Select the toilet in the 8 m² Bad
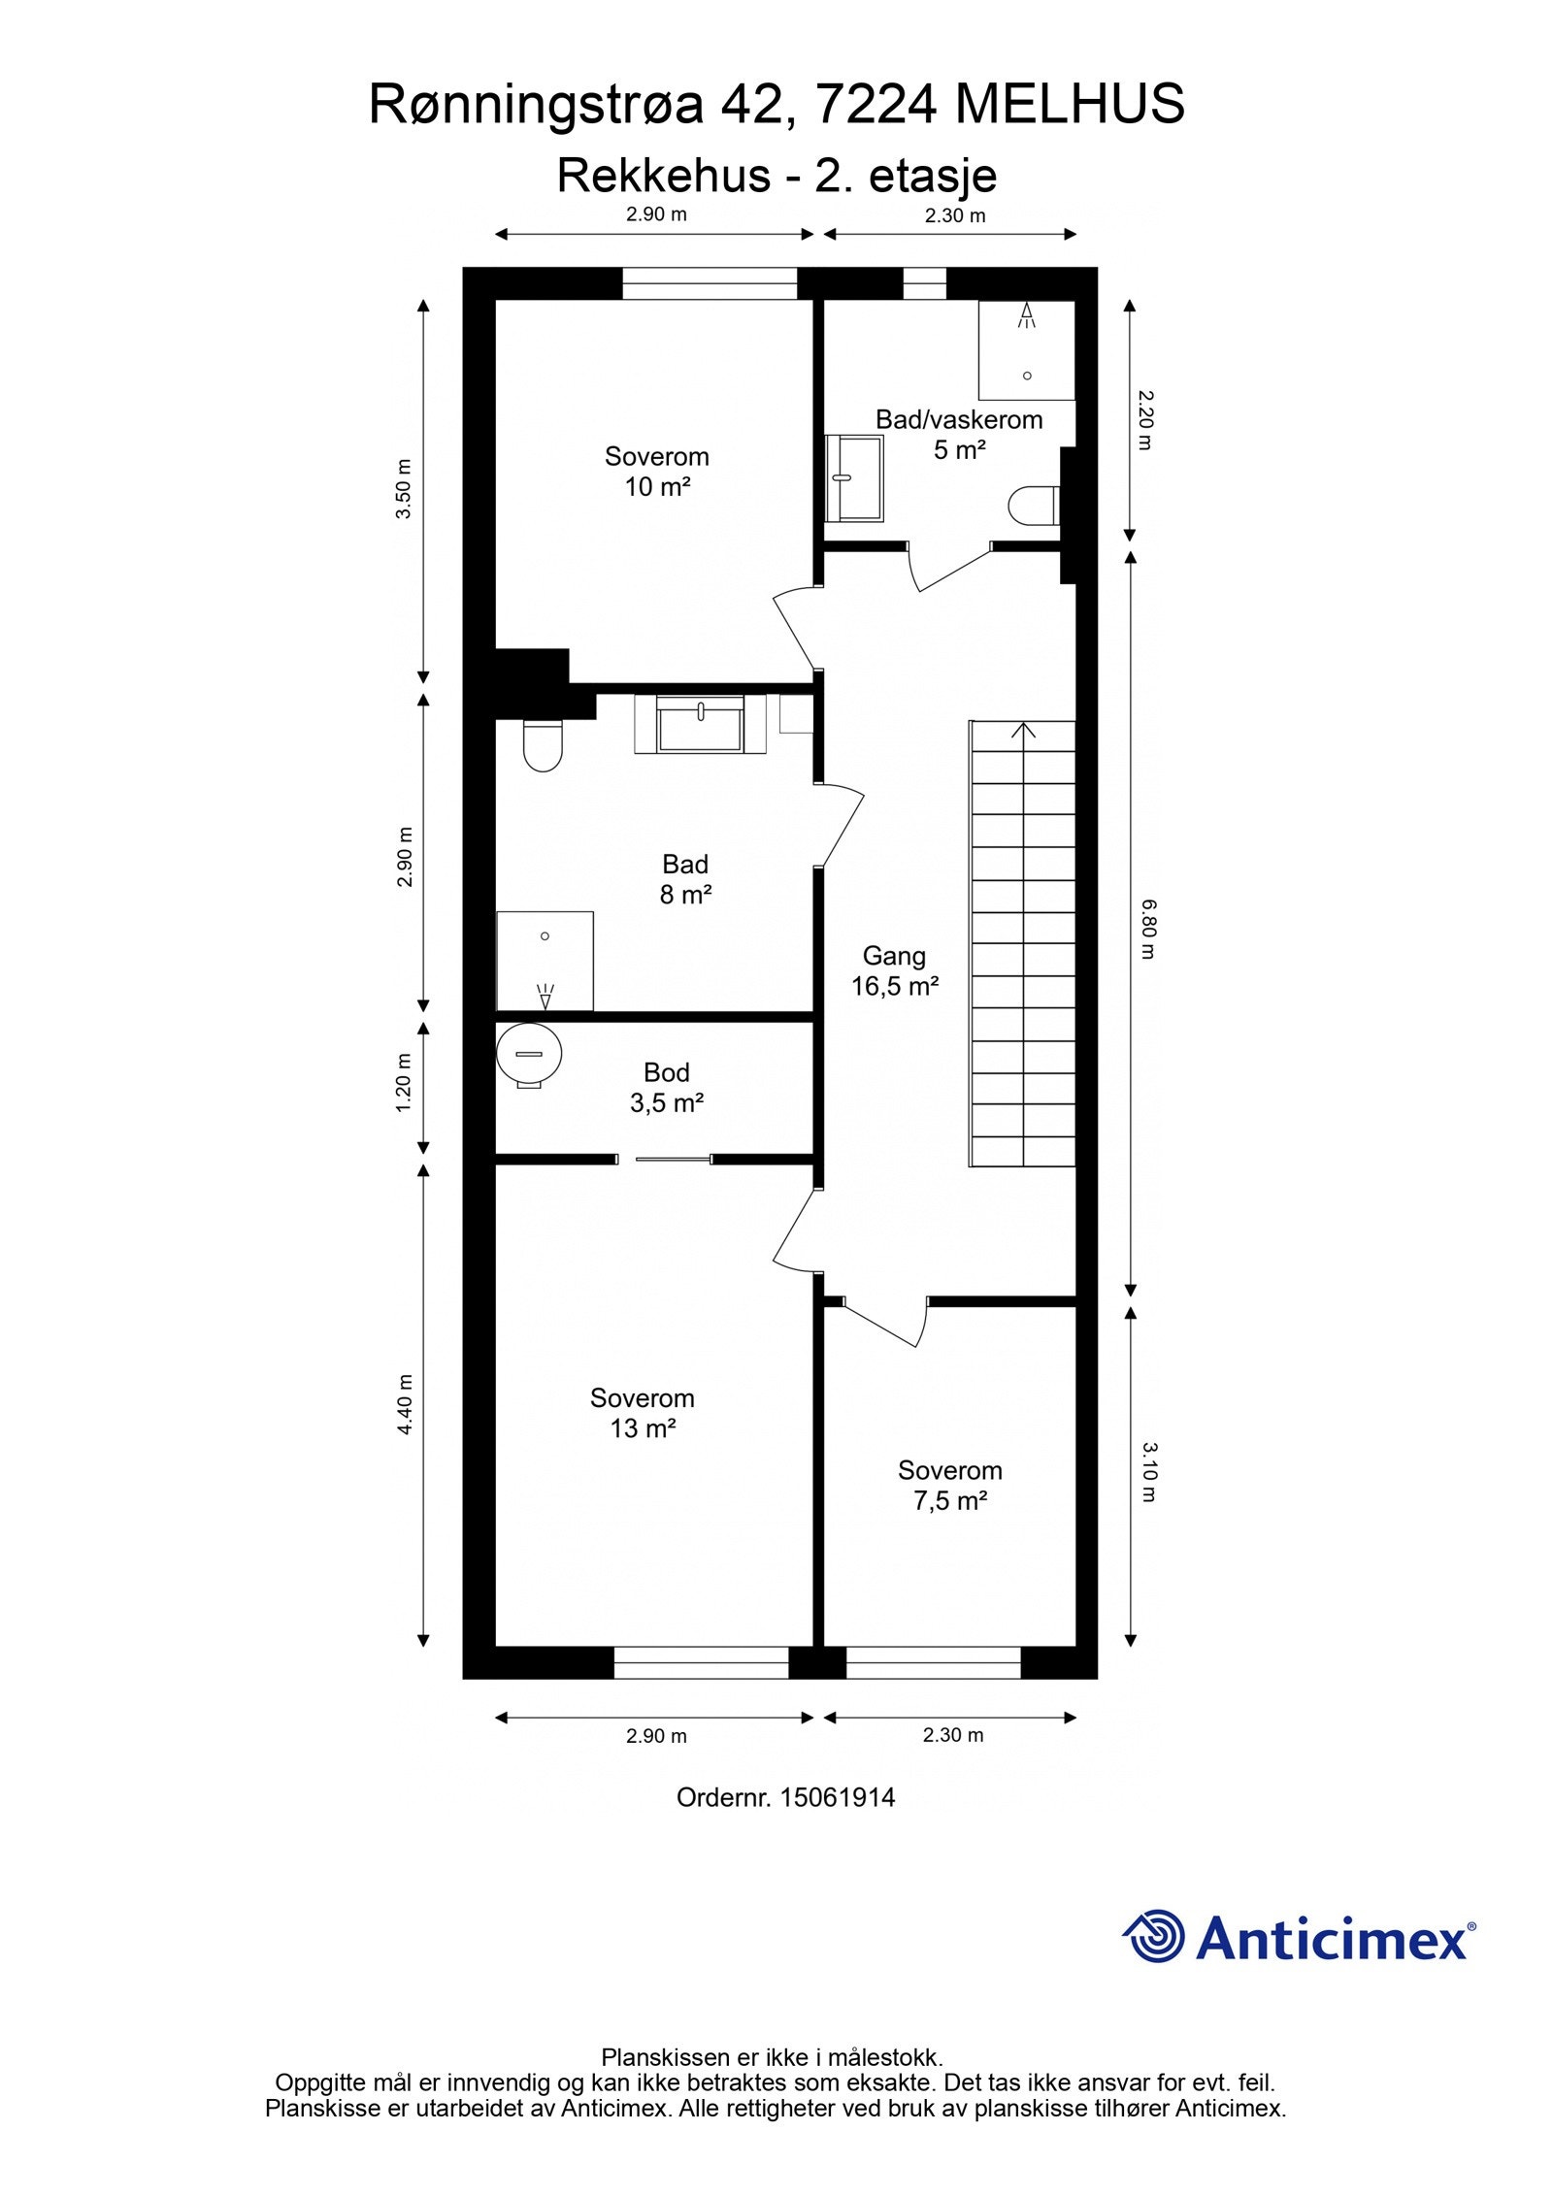point(543,744)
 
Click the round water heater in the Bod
point(529,1055)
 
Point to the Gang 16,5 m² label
point(895,971)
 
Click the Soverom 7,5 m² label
point(949,1486)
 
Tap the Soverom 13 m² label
point(643,1413)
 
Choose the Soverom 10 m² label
point(657,471)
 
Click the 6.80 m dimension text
point(1147,929)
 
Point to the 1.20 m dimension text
point(405,1082)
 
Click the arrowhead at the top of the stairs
point(1023,729)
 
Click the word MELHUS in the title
point(1070,104)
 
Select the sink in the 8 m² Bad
point(701,724)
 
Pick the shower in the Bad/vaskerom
point(1027,350)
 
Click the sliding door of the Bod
point(664,1159)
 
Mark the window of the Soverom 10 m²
point(710,284)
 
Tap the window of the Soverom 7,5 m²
point(933,1663)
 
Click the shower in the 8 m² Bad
point(545,961)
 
